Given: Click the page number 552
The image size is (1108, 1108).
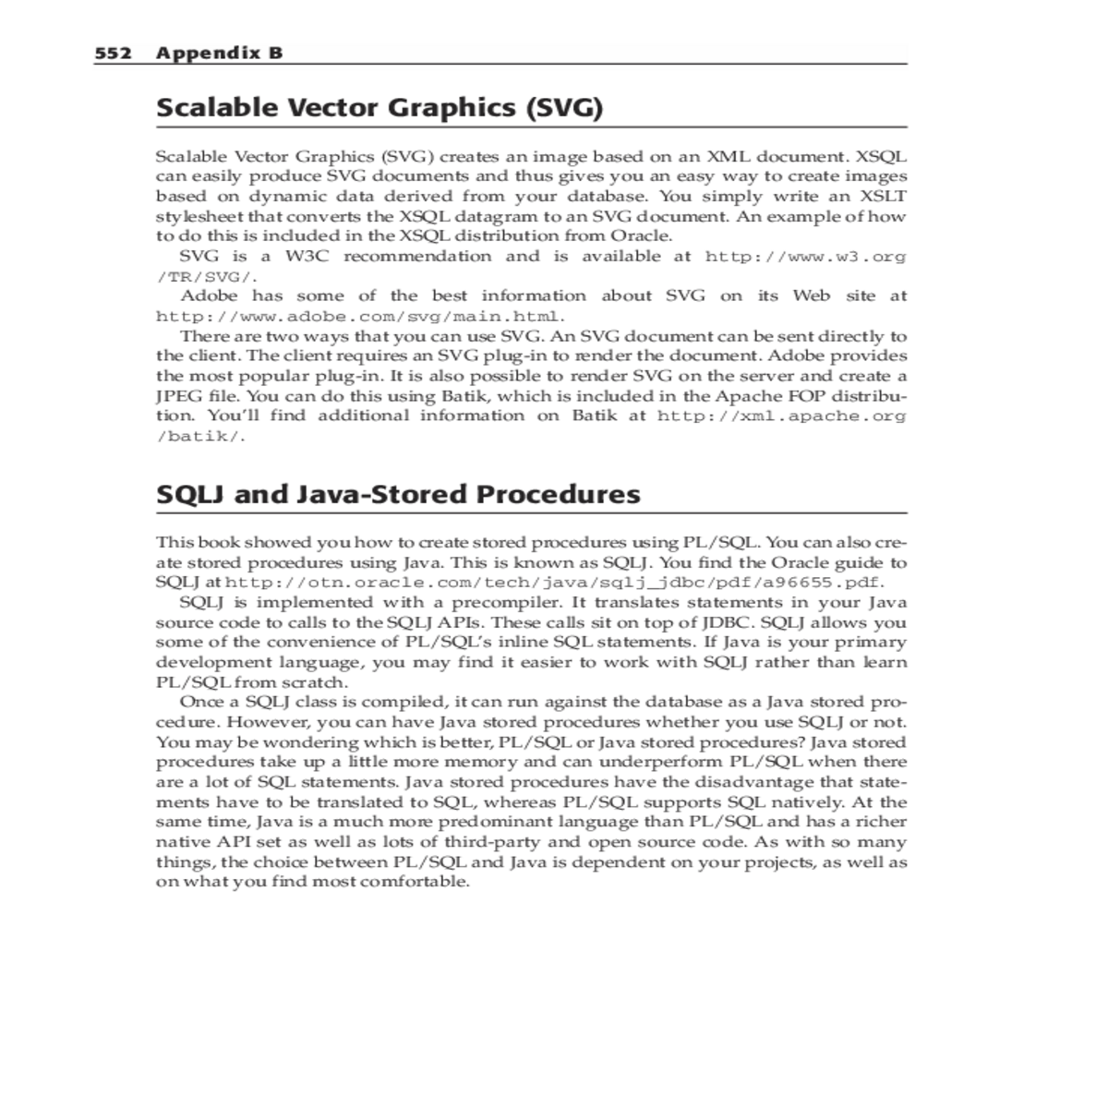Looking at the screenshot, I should point(113,53).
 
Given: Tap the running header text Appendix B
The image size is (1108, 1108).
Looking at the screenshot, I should point(219,53).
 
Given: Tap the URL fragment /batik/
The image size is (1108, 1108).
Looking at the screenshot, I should point(200,436).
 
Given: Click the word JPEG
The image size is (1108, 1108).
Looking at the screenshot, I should point(178,396).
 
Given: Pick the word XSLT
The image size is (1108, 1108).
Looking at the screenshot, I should point(884,197).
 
